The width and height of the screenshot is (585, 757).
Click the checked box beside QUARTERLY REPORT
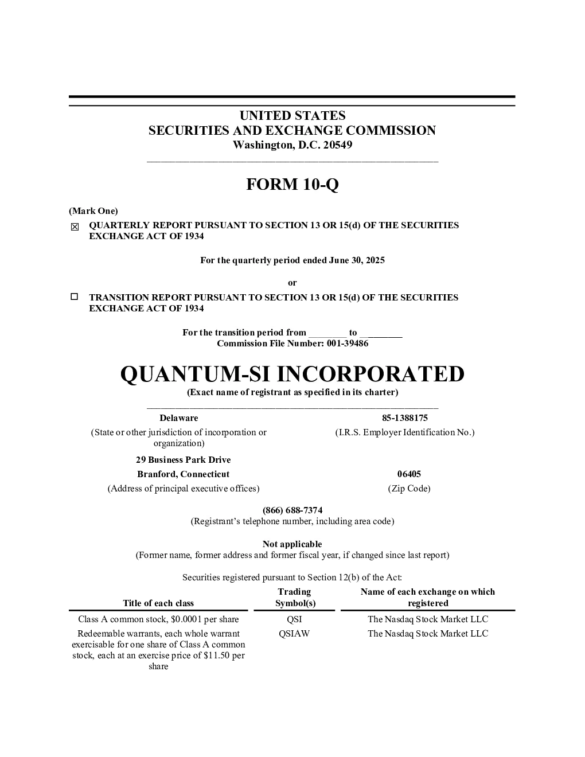(75, 227)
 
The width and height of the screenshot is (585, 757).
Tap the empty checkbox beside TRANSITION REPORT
(74, 296)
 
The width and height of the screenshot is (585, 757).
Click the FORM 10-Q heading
(292, 184)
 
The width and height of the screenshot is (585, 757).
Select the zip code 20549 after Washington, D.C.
(338, 145)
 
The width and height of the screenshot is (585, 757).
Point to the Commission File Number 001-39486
(348, 344)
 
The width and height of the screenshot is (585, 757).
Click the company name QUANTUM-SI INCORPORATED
(292, 374)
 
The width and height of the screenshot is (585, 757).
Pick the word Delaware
(179, 418)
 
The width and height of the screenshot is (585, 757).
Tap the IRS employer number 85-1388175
(405, 418)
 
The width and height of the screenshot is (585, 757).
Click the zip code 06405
(409, 474)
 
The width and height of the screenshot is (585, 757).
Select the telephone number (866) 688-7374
(292, 510)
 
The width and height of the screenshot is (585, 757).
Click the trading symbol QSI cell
(294, 619)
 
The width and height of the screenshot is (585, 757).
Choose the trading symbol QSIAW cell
(294, 633)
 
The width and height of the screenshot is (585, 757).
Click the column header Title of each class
(158, 603)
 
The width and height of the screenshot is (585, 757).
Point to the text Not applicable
(292, 544)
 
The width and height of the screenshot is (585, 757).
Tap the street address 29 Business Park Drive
(184, 460)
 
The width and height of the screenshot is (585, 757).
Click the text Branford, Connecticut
(184, 474)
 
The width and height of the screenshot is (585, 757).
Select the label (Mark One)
(93, 211)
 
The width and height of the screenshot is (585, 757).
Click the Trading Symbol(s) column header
(295, 598)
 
